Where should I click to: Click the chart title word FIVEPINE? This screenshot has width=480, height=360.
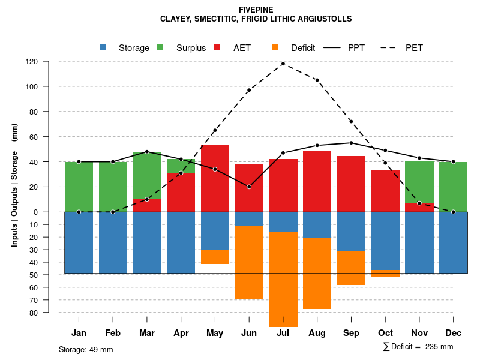point(256,10)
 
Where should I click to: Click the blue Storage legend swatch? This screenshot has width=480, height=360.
point(103,48)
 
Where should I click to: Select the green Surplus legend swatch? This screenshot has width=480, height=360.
point(161,48)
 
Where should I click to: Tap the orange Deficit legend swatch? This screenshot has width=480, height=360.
point(275,48)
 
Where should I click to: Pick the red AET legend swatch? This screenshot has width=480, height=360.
point(218,48)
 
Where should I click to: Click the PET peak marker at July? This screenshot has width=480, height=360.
point(283,64)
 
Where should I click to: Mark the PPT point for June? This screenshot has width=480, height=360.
point(249,187)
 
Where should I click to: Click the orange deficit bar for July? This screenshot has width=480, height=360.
point(283,279)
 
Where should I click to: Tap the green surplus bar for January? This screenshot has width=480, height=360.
point(79,187)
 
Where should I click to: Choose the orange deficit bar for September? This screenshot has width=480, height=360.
point(351,268)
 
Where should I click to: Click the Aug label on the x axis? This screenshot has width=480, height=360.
point(317,333)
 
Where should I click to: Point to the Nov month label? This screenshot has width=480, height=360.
point(419,333)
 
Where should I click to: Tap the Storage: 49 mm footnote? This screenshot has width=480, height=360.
point(86,349)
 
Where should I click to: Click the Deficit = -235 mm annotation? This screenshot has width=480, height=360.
point(418,347)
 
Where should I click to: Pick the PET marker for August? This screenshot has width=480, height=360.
point(317,80)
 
